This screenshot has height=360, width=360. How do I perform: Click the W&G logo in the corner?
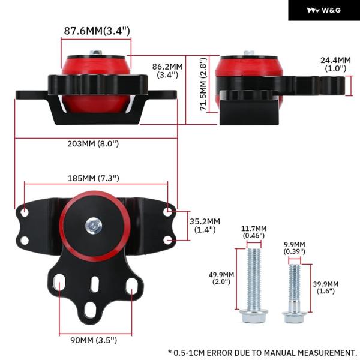[324, 10]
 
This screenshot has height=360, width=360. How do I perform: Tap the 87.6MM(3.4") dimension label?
[97, 31]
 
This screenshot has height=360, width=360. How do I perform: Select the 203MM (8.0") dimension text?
[93, 144]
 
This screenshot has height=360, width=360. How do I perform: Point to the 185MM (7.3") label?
[93, 178]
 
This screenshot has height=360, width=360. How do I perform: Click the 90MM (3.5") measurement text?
[94, 340]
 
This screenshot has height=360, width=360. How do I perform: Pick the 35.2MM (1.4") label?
[205, 225]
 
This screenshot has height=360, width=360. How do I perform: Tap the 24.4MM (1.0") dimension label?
[335, 64]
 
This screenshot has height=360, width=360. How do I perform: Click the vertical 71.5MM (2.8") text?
[203, 84]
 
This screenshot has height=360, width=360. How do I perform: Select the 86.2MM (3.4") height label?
[167, 70]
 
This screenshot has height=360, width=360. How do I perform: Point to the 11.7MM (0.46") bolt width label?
[254, 232]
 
